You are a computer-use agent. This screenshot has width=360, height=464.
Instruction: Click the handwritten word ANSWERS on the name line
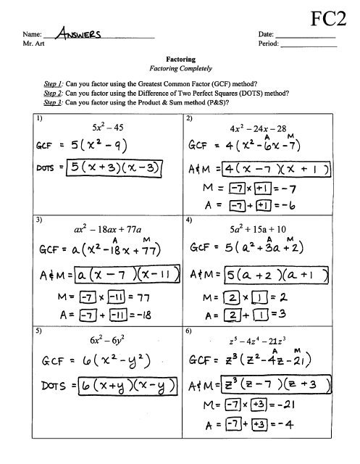[x=75, y=33]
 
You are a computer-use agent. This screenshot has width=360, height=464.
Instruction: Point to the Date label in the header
[x=265, y=34]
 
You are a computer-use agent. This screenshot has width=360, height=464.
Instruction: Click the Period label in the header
[x=268, y=43]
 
